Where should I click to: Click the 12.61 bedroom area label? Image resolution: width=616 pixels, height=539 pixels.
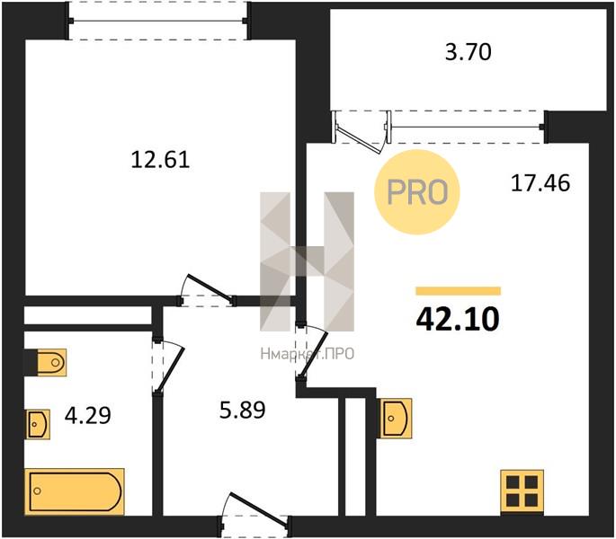pyautogui.click(x=160, y=160)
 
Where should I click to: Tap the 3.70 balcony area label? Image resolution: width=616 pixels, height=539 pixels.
pyautogui.click(x=468, y=52)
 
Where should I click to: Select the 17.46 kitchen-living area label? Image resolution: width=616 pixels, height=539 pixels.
pyautogui.click(x=540, y=183)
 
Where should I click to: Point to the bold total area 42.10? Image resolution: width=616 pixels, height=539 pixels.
pyautogui.click(x=458, y=319)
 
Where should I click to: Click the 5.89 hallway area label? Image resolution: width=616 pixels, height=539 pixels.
pyautogui.click(x=243, y=411)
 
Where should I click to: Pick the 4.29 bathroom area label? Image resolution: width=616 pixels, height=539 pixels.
pyautogui.click(x=87, y=415)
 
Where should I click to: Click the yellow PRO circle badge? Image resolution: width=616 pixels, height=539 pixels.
pyautogui.click(x=417, y=192)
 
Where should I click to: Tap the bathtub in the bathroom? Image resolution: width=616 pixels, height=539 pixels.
pyautogui.click(x=75, y=491)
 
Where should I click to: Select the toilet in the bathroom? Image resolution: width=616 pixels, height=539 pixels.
pyautogui.click(x=51, y=362)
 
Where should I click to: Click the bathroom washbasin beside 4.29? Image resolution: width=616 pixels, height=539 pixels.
pyautogui.click(x=38, y=424)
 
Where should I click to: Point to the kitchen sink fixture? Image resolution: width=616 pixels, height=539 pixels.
pyautogui.click(x=395, y=419)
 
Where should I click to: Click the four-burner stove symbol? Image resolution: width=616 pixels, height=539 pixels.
pyautogui.click(x=522, y=491)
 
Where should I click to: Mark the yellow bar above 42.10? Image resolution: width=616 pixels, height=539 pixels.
pyautogui.click(x=458, y=291)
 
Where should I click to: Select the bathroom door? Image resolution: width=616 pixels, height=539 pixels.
pyautogui.click(x=168, y=367)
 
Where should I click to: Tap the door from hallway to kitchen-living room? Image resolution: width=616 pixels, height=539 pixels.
pyautogui.click(x=311, y=352)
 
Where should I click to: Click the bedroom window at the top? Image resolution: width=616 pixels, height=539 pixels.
pyautogui.click(x=158, y=21)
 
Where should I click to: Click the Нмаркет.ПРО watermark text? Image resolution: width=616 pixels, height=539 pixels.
pyautogui.click(x=308, y=354)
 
